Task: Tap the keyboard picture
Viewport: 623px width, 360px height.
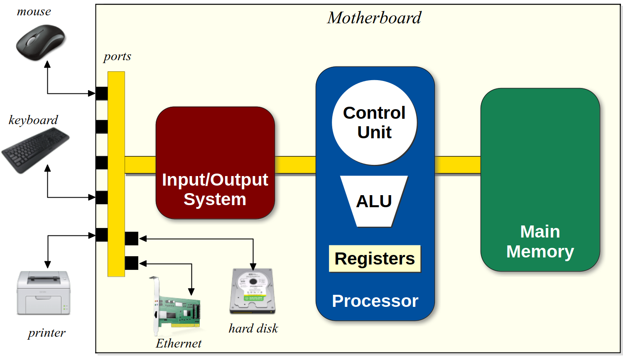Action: coord(35,149)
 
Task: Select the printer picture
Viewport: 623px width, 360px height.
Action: coord(44,293)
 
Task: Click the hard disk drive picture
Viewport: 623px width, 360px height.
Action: coord(253,291)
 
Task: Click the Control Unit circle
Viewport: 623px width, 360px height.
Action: coord(374,122)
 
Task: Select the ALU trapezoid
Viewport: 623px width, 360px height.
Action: coord(374,201)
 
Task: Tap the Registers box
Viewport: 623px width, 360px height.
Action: coord(375,259)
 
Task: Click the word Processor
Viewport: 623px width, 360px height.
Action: coord(375,301)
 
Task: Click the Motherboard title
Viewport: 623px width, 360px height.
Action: coord(374,18)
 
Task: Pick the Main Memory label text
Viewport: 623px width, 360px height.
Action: coord(540,242)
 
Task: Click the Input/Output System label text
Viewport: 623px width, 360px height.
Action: coord(215,189)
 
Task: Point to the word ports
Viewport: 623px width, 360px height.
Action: coord(118,56)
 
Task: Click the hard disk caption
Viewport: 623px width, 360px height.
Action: coord(253,328)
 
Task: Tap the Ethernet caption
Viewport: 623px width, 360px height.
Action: coord(179,343)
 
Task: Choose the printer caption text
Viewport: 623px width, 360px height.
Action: coord(47,333)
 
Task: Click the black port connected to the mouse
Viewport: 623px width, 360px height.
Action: coord(102,93)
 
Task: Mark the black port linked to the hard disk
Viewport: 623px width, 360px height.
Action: coord(131,239)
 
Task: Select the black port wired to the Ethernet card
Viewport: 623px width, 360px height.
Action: coord(131,263)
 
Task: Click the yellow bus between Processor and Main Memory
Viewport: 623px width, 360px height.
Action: coord(457,165)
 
